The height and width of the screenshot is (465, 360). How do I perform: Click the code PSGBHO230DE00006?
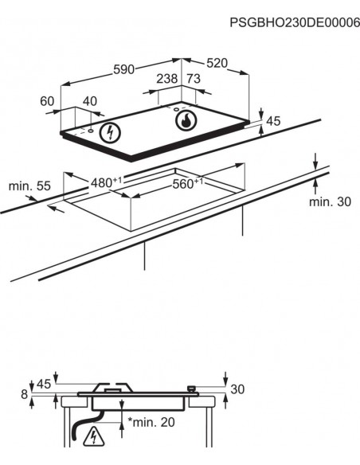295,22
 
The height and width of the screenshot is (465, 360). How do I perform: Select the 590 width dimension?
124,69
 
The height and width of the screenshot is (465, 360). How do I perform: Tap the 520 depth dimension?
217,63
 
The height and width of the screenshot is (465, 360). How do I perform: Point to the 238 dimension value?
167,79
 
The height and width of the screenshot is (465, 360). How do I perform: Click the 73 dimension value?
194,79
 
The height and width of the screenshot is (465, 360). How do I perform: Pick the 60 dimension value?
47,101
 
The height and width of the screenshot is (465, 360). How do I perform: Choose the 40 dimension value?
90,101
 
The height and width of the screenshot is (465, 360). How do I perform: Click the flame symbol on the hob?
186,120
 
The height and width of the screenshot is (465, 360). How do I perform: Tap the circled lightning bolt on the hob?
111,132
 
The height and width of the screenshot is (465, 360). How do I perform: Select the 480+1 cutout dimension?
106,182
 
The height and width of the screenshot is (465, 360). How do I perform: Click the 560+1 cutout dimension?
188,183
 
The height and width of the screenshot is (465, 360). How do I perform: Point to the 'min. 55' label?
29,186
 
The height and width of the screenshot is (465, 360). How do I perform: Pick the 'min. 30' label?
330,201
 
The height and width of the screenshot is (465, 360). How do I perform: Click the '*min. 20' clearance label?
151,422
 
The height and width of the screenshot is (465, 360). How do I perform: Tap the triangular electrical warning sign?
94,436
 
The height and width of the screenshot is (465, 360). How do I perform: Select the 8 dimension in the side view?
25,394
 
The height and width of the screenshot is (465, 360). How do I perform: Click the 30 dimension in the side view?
237,389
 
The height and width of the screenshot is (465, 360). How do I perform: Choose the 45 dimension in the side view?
44,385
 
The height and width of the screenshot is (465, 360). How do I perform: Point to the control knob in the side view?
192,389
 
